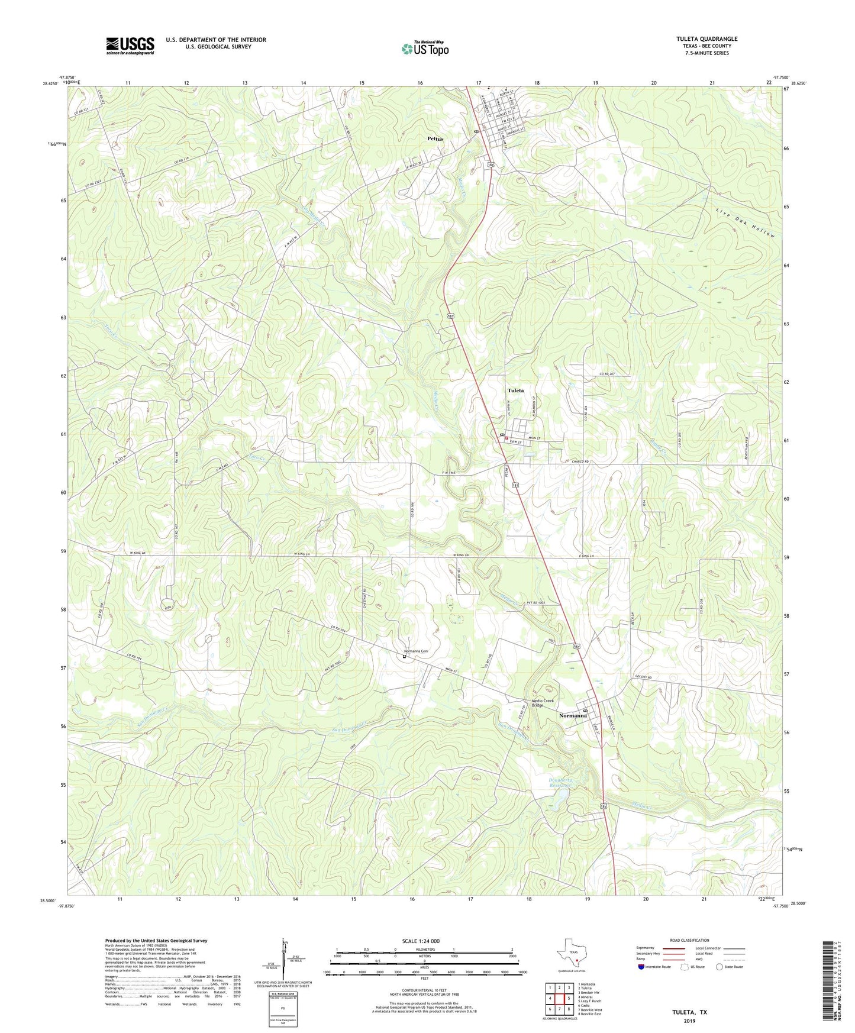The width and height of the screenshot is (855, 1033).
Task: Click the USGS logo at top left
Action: pos(130,46)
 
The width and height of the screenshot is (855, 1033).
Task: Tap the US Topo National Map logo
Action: pos(425,48)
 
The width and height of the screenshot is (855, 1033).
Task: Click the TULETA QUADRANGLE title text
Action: pos(706,39)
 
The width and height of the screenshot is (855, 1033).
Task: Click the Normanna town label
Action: pos(573,715)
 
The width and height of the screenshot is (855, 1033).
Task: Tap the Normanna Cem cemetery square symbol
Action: pos(405,656)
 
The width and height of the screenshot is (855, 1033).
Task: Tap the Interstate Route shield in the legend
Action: pos(642,967)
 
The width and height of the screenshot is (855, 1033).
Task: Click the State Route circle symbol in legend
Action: pos(720,967)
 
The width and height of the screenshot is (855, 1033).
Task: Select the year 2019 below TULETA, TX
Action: pos(689,1021)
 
